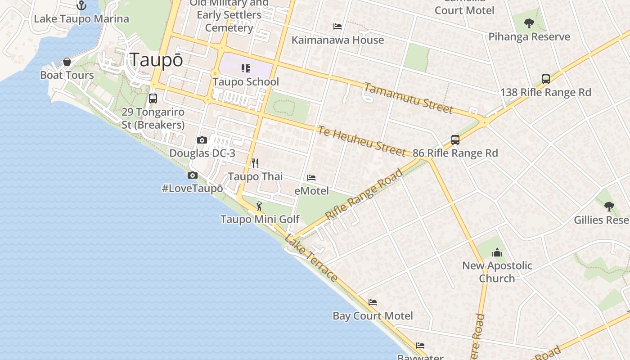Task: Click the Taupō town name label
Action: (156, 59)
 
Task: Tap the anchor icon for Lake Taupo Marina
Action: (81, 5)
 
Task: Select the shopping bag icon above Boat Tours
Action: (67, 62)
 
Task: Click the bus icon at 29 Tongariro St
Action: (153, 98)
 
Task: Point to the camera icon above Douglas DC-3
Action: (202, 140)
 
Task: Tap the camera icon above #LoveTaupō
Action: (193, 175)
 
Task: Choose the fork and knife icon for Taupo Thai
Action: (255, 163)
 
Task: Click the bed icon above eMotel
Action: (311, 178)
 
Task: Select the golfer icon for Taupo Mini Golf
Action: (259, 206)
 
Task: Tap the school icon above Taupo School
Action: (246, 68)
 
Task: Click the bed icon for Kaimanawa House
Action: (337, 27)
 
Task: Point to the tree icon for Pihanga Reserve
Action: (529, 23)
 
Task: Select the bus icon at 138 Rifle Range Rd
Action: (546, 79)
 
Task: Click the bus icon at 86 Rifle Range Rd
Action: (455, 140)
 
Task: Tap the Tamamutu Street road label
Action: (408, 98)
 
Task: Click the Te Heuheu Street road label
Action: (362, 141)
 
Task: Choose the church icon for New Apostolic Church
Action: (497, 252)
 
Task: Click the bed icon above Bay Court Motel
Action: (373, 302)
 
